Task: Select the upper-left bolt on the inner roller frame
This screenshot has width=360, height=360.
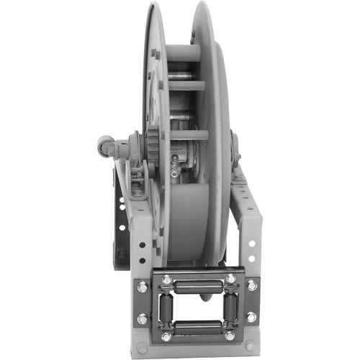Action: pyautogui.click(x=166, y=279)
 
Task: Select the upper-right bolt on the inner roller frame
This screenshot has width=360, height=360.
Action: pyautogui.click(x=230, y=279)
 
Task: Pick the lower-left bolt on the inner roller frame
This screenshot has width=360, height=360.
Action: pyautogui.click(x=166, y=336)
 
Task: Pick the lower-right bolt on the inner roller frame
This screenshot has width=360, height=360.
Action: pyautogui.click(x=230, y=336)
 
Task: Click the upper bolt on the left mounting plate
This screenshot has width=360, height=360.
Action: pyautogui.click(x=143, y=287)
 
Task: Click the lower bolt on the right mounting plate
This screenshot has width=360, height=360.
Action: pyautogui.click(x=253, y=317)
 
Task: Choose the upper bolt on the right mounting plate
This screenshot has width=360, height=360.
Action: pyautogui.click(x=253, y=286)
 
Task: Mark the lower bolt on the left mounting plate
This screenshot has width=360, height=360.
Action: pyautogui.click(x=143, y=318)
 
